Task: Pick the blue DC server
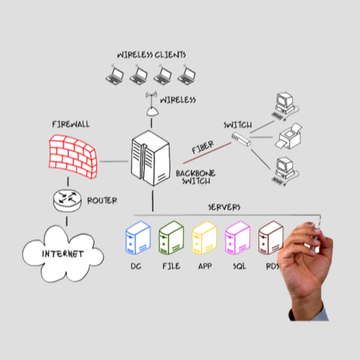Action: [x=137, y=238]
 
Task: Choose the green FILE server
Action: [x=170, y=238]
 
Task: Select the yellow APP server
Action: [x=204, y=238]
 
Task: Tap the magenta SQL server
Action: [x=238, y=238]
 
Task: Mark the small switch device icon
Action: [x=240, y=139]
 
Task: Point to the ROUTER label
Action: [x=102, y=200]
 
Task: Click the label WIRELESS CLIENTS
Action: [x=151, y=54]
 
